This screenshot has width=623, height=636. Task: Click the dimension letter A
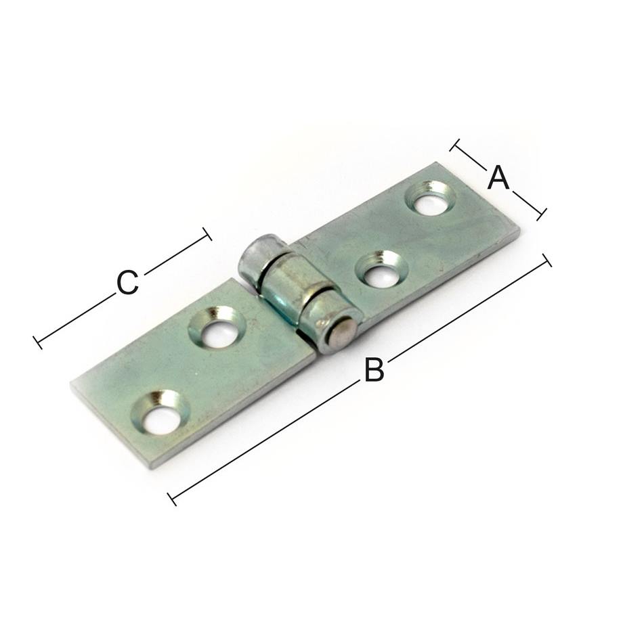pos(498,178)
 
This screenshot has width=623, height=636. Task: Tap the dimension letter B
pos(374,369)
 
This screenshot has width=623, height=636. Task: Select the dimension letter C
pos(127,283)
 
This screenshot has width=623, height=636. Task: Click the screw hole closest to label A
pos(430,198)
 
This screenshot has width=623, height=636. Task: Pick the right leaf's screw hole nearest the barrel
pos(381,269)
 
